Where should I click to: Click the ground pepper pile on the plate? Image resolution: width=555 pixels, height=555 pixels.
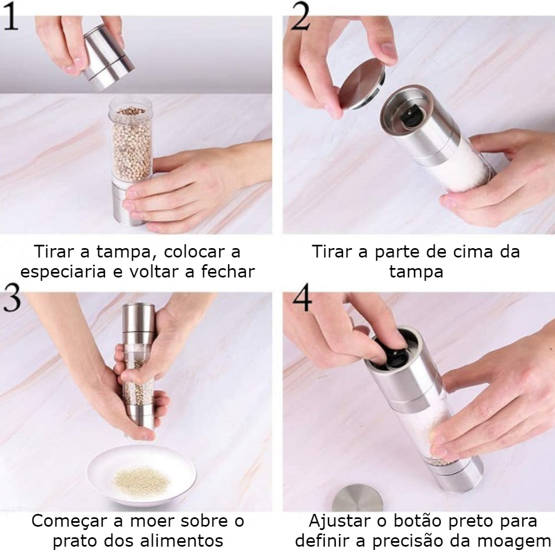point(142,480)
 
